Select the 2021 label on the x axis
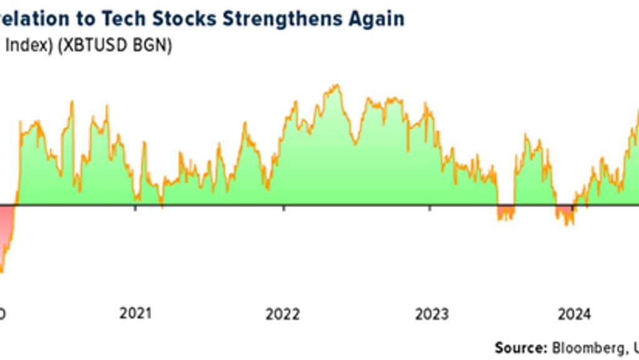click(x=136, y=314)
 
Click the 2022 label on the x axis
click(x=283, y=314)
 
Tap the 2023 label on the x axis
click(x=431, y=314)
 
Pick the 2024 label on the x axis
click(x=574, y=314)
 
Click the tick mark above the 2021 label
click(x=136, y=208)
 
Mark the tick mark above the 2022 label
click(x=283, y=208)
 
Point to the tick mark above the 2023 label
click(x=430, y=208)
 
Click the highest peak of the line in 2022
click(x=337, y=85)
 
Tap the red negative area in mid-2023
click(x=505, y=212)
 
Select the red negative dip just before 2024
click(x=565, y=214)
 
